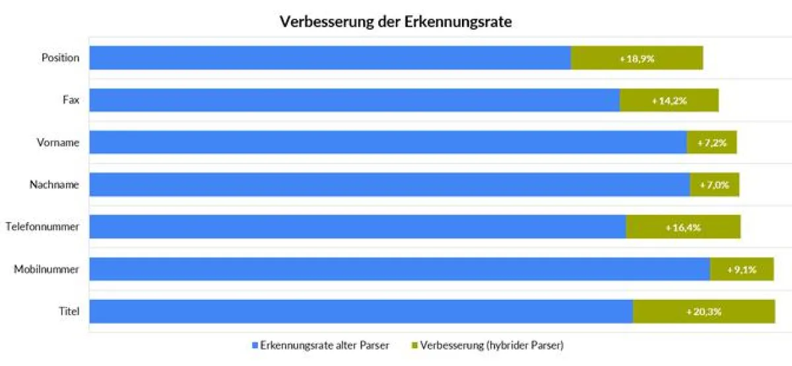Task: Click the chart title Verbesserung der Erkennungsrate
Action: [x=396, y=21]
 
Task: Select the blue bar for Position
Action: [x=330, y=57]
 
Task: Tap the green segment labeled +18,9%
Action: [x=636, y=58]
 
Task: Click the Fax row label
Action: [x=71, y=100]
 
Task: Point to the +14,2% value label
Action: [x=669, y=100]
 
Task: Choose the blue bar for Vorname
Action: [x=388, y=142]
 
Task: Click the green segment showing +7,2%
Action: [x=711, y=143]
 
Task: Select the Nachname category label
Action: [x=54, y=184]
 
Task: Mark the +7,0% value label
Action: [x=714, y=185]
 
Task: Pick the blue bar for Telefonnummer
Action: [x=358, y=227]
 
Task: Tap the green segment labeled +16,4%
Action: [x=683, y=227]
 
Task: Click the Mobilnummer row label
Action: [x=46, y=269]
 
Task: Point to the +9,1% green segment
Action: [x=741, y=270]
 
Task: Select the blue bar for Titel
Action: [x=361, y=311]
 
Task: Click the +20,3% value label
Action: [x=704, y=312]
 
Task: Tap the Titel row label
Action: [x=69, y=311]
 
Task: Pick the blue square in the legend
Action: [x=255, y=346]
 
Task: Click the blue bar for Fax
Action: [x=354, y=100]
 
